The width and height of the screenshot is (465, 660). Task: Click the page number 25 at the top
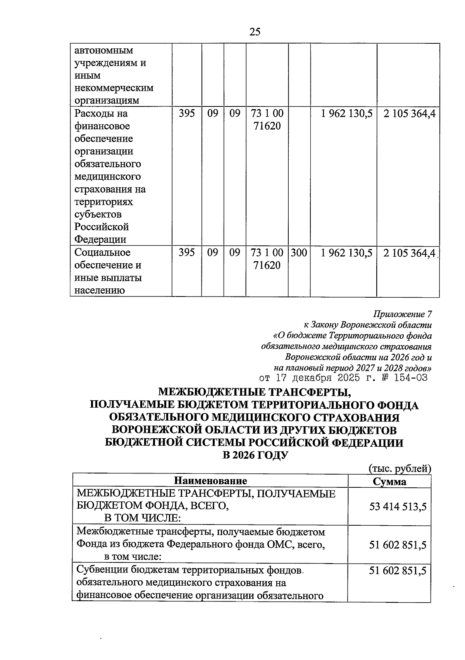pos(255,32)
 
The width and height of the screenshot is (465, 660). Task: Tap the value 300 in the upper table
pos(299,253)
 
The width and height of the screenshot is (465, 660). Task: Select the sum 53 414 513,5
pos(398,506)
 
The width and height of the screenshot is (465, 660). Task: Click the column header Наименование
pos(210,481)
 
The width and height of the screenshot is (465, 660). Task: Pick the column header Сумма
pos(389,481)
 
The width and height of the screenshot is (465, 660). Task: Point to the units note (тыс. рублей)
pos(400,468)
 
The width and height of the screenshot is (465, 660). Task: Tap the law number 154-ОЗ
pos(410,378)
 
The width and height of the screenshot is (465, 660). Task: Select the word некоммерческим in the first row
pos(114,88)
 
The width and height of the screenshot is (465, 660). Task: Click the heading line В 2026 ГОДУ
pos(255,455)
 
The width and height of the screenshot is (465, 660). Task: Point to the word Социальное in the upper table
pos(102,253)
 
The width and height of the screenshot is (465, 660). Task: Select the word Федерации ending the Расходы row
pos(100,239)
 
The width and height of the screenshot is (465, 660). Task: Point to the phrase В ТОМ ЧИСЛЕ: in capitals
pos(143,518)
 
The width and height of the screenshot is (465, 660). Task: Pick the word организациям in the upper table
pos(106,101)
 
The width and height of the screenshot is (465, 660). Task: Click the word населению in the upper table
pos(99,290)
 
